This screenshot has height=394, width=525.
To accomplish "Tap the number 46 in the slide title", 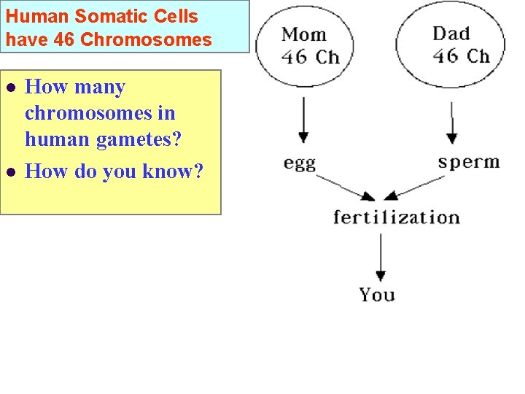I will [64, 39].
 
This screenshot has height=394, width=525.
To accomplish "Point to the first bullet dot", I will [10, 88].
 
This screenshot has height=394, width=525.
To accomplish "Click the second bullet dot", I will [10, 172].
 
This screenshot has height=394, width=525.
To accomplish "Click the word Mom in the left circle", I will [304, 34].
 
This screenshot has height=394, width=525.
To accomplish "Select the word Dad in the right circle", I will [451, 33].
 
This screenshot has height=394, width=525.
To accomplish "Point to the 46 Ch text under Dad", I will [460, 55].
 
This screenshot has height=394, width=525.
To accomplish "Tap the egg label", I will [300, 163].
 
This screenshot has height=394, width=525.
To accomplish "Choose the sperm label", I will [469, 161].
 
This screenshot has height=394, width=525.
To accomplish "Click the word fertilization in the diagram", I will [396, 217].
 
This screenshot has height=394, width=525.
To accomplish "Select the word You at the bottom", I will [377, 295].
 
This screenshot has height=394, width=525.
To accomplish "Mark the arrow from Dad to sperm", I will [451, 121].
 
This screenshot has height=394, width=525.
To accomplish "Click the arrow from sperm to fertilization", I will [414, 187].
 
